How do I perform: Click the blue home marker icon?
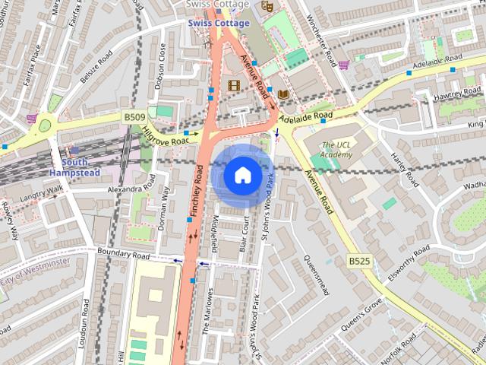tap(242, 175)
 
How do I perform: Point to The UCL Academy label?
tap(336, 150)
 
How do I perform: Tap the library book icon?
tap(284, 94)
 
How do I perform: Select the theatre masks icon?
tap(267, 5)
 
